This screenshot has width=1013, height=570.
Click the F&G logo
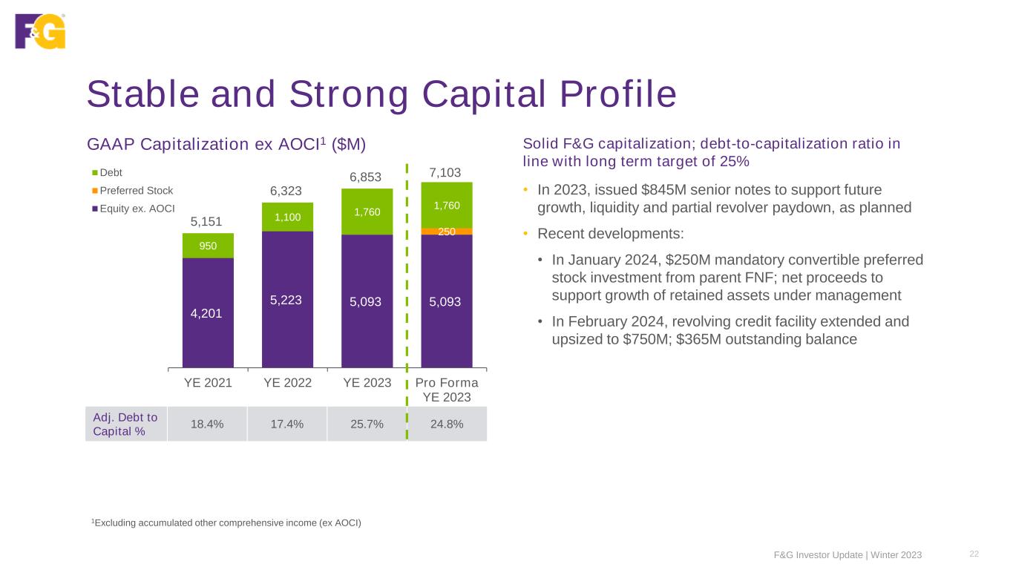click(x=40, y=31)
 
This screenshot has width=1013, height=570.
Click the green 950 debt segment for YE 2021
click(x=208, y=246)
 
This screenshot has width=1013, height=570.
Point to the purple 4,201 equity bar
click(x=208, y=312)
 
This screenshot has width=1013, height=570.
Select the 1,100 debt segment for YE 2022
click(x=287, y=217)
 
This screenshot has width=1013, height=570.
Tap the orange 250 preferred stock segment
click(x=447, y=232)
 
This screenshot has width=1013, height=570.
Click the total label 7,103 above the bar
click(x=447, y=173)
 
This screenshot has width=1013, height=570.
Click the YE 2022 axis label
click(x=287, y=383)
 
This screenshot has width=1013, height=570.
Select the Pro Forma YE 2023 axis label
click(x=447, y=390)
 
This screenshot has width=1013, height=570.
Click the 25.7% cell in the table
click(x=367, y=425)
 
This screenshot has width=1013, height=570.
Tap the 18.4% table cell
click(x=208, y=425)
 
